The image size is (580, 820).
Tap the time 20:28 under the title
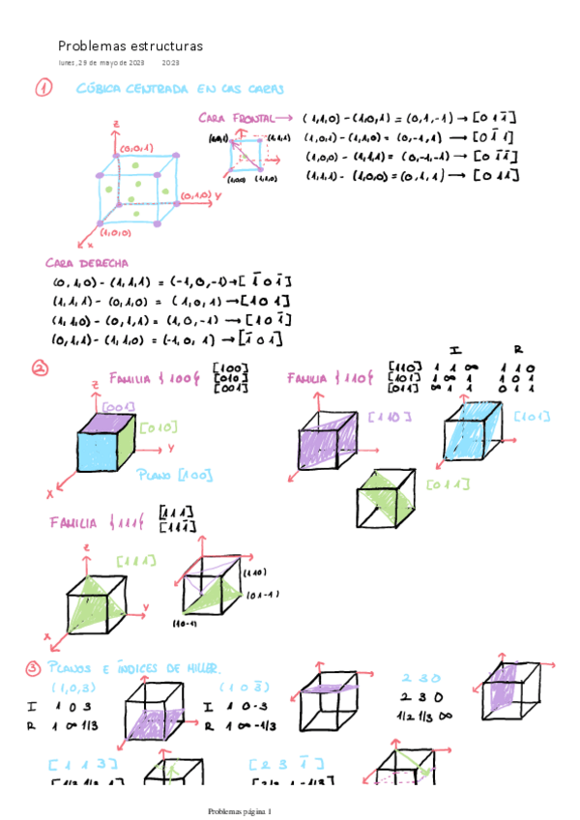170,64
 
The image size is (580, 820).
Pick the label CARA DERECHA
88,263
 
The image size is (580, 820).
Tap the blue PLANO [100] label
174,475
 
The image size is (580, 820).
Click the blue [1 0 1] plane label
533,418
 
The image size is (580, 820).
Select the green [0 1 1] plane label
447,483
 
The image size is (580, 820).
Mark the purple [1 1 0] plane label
390,417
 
